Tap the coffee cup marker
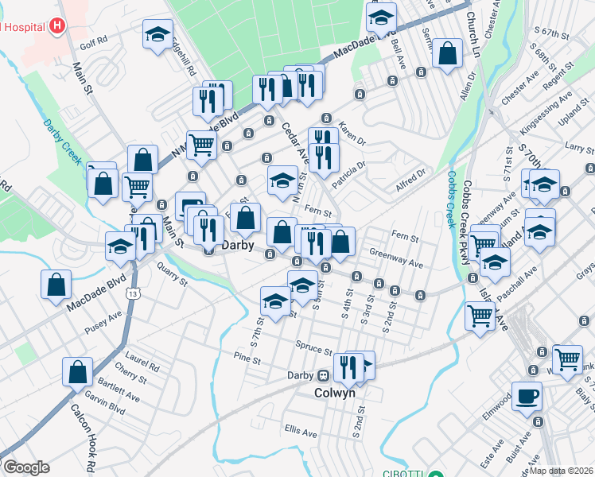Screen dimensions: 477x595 click(527, 395)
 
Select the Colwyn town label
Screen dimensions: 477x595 click(334, 392)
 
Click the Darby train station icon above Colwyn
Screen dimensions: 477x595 click(324, 375)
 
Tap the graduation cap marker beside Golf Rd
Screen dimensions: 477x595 click(157, 33)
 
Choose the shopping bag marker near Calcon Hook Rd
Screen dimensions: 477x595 click(78, 370)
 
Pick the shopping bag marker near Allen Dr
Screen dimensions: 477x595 click(448, 53)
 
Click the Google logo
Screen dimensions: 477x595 click(25, 467)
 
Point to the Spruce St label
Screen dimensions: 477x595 click(315, 349)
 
